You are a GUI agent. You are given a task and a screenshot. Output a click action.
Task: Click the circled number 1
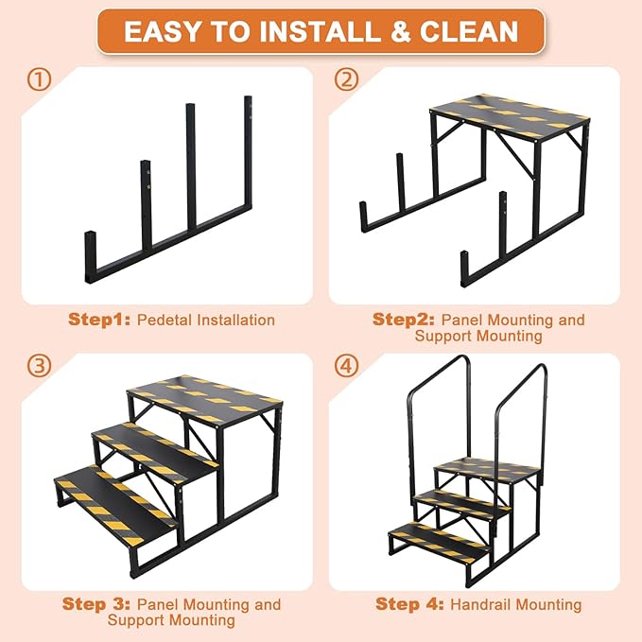[40, 80]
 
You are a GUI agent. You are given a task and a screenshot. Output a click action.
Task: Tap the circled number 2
[347, 80]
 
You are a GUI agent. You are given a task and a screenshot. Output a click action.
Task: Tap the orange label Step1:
[99, 320]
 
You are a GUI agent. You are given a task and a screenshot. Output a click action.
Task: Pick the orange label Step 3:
[96, 604]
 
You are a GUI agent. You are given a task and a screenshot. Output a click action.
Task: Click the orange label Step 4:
[409, 604]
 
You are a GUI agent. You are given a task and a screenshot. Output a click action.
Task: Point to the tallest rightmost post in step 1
[249, 151]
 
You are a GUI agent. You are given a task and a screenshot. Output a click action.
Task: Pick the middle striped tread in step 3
[156, 444]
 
